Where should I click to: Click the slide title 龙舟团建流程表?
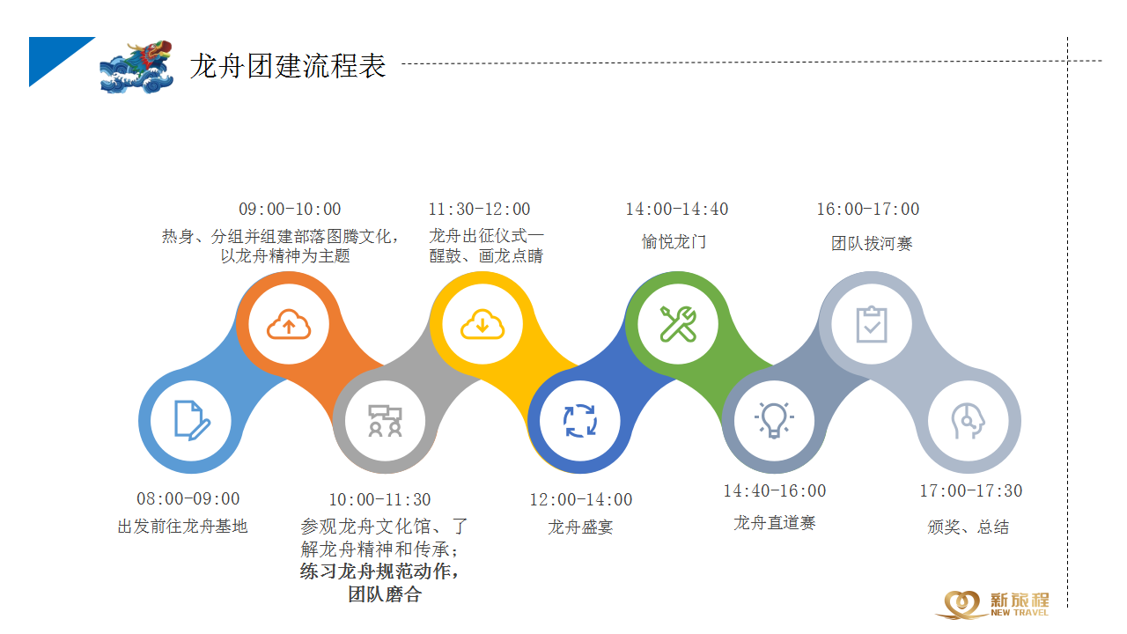point(288,66)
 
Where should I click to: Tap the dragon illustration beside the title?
point(136,67)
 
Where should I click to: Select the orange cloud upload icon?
point(289,324)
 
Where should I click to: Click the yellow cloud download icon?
point(482,324)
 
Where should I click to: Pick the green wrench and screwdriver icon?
point(678,324)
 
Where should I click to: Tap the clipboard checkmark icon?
point(872,324)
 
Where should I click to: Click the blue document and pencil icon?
point(191,421)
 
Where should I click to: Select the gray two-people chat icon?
point(386,421)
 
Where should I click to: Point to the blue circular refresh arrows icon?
point(580,421)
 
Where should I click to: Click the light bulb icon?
point(774,420)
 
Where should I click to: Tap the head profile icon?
point(968,421)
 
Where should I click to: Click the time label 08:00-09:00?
point(188,498)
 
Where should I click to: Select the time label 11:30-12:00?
point(479,209)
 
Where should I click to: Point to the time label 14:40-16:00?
point(774,490)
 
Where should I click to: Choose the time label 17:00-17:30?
point(970,490)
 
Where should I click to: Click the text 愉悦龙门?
point(674,242)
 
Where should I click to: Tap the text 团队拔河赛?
point(872,244)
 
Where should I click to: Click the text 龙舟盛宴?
point(580,527)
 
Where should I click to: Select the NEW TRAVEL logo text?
point(1020,612)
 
